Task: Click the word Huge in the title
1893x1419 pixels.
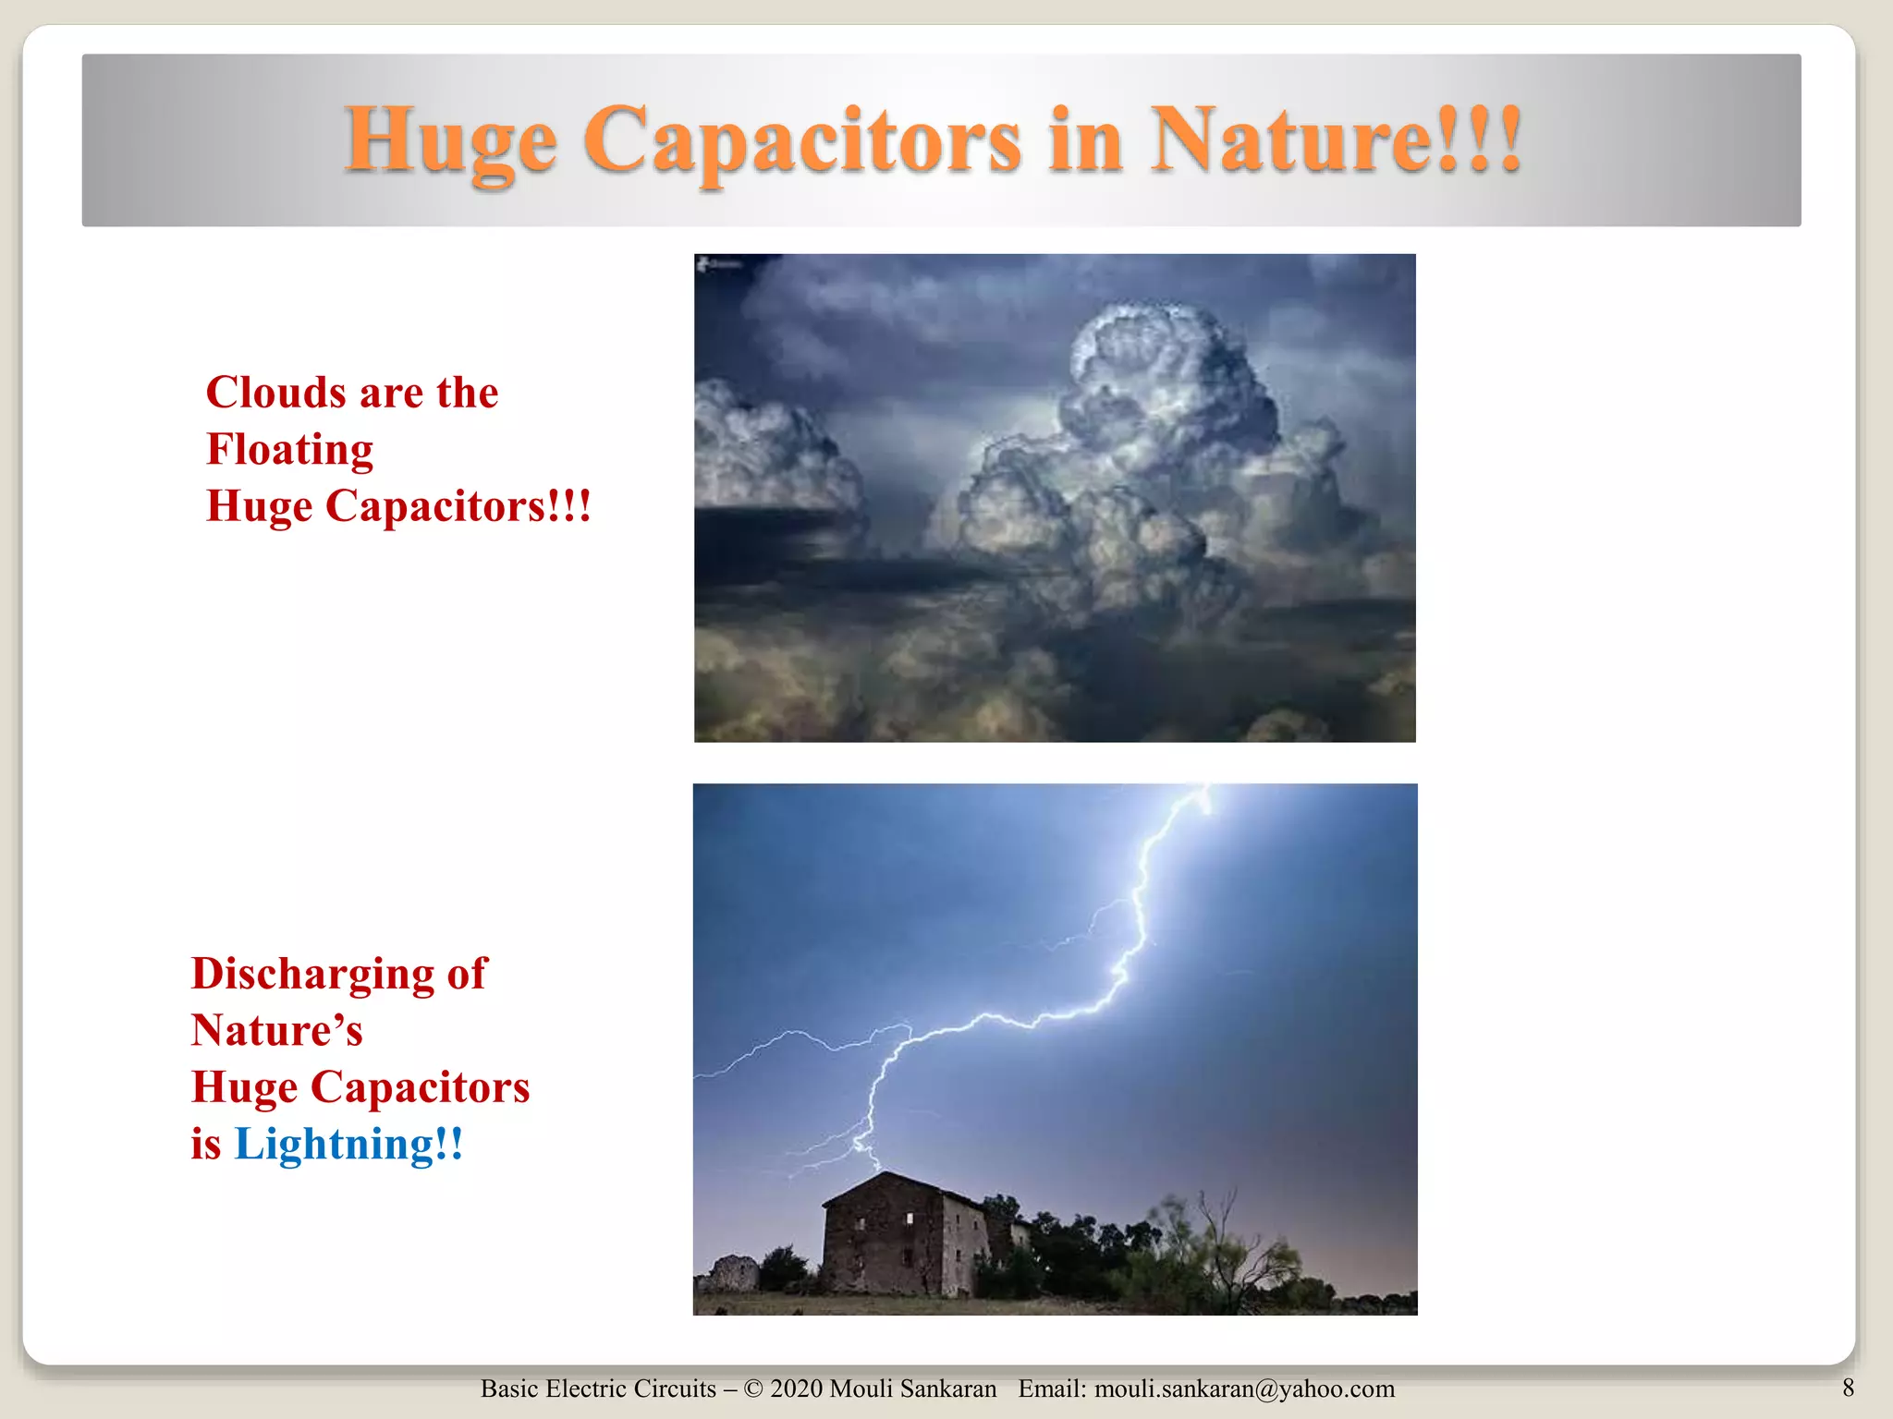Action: (450, 141)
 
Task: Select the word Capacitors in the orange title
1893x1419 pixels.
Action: (801, 141)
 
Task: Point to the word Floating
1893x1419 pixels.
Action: (289, 450)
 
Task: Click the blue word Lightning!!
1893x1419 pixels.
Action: (348, 1144)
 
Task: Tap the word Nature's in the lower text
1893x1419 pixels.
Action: (276, 1030)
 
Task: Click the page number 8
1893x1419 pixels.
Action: (1848, 1388)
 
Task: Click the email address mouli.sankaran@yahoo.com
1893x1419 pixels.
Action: (1244, 1389)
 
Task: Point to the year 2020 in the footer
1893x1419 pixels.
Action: (796, 1389)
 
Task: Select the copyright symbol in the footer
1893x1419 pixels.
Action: (753, 1389)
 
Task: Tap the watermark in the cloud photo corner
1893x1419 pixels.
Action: (719, 264)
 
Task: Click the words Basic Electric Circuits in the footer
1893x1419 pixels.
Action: (598, 1389)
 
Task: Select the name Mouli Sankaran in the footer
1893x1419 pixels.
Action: (912, 1389)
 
